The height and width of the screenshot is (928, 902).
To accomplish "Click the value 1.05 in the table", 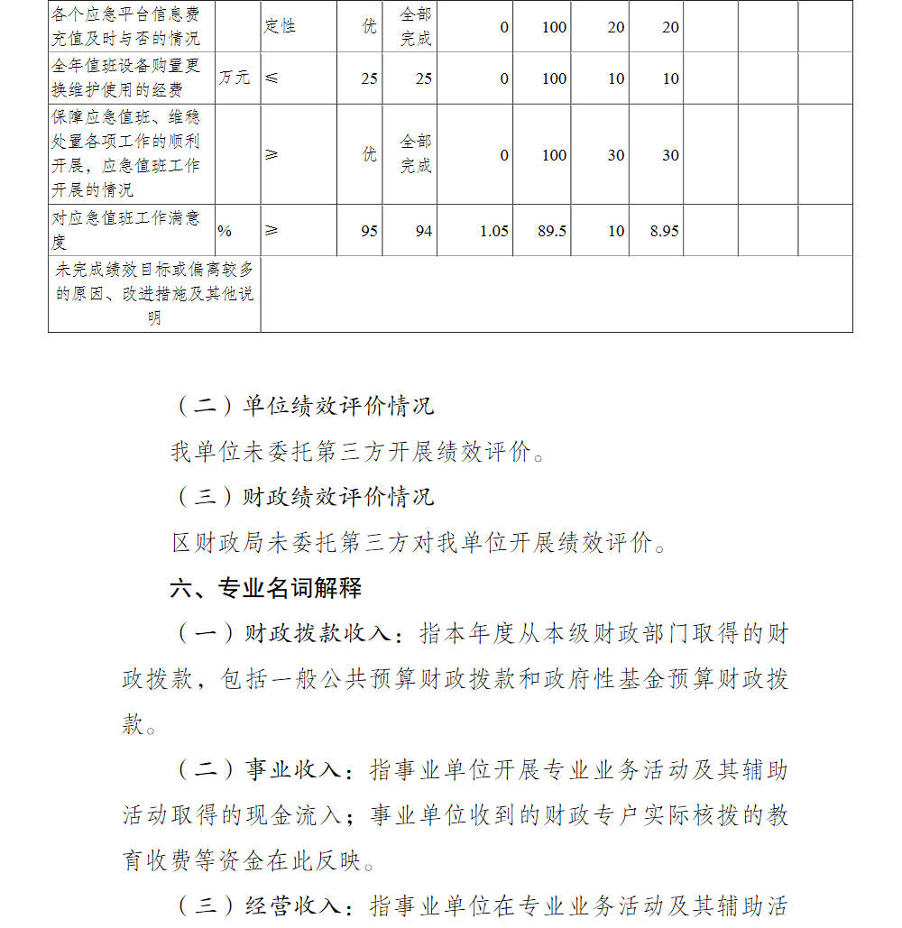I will pyautogui.click(x=493, y=231).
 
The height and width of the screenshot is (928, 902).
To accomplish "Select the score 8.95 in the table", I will pyautogui.click(x=664, y=231).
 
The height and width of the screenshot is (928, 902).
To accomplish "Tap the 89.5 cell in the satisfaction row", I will pyautogui.click(x=551, y=231).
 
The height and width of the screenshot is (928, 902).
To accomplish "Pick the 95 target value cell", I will pyautogui.click(x=369, y=231).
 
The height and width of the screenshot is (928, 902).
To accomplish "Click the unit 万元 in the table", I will pyautogui.click(x=235, y=78).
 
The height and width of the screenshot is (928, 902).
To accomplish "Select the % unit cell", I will pyautogui.click(x=225, y=231).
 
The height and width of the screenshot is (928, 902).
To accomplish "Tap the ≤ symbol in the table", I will pyautogui.click(x=272, y=78).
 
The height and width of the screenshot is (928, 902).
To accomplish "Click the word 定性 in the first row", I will pyautogui.click(x=280, y=26).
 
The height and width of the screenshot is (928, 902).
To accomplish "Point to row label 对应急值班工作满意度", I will pyautogui.click(x=126, y=230).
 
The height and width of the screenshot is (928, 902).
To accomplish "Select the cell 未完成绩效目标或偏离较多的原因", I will pyautogui.click(x=154, y=293).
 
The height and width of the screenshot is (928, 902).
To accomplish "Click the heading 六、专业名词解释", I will pyautogui.click(x=266, y=589).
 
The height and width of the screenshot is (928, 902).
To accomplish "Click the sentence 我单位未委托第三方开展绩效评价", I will pyautogui.click(x=358, y=452).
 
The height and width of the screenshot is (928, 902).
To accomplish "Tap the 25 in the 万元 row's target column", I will pyautogui.click(x=369, y=78).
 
